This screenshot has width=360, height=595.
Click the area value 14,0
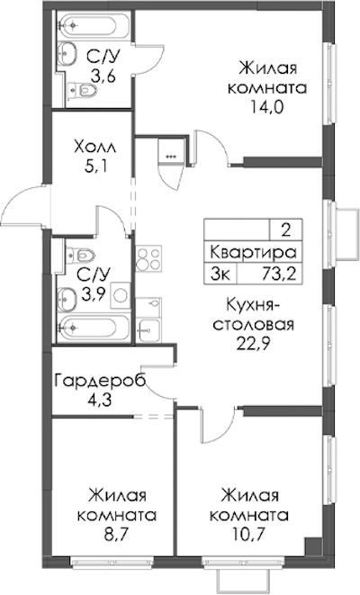click(x=266, y=108)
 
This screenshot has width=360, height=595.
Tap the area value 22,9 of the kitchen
click(x=254, y=345)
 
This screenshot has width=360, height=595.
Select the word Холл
click(x=95, y=147)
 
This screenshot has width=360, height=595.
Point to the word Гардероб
click(x=100, y=381)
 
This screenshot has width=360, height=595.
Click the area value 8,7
click(x=117, y=536)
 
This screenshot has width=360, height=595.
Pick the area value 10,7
click(x=249, y=536)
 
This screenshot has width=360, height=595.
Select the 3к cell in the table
click(x=220, y=274)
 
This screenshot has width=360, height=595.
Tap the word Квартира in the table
click(x=253, y=252)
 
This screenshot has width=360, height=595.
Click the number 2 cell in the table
click(x=286, y=230)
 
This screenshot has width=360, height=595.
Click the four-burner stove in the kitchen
click(x=148, y=257)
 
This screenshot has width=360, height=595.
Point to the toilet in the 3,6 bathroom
click(x=82, y=90)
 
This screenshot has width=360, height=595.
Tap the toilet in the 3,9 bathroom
click(x=80, y=254)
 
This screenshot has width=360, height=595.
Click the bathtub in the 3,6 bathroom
click(x=94, y=25)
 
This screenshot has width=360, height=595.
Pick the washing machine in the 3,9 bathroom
click(x=121, y=295)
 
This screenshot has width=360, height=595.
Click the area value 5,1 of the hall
click(x=95, y=167)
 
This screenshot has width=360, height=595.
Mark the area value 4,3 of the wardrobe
click(x=99, y=401)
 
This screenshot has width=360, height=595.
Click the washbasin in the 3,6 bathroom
click(x=67, y=54)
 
